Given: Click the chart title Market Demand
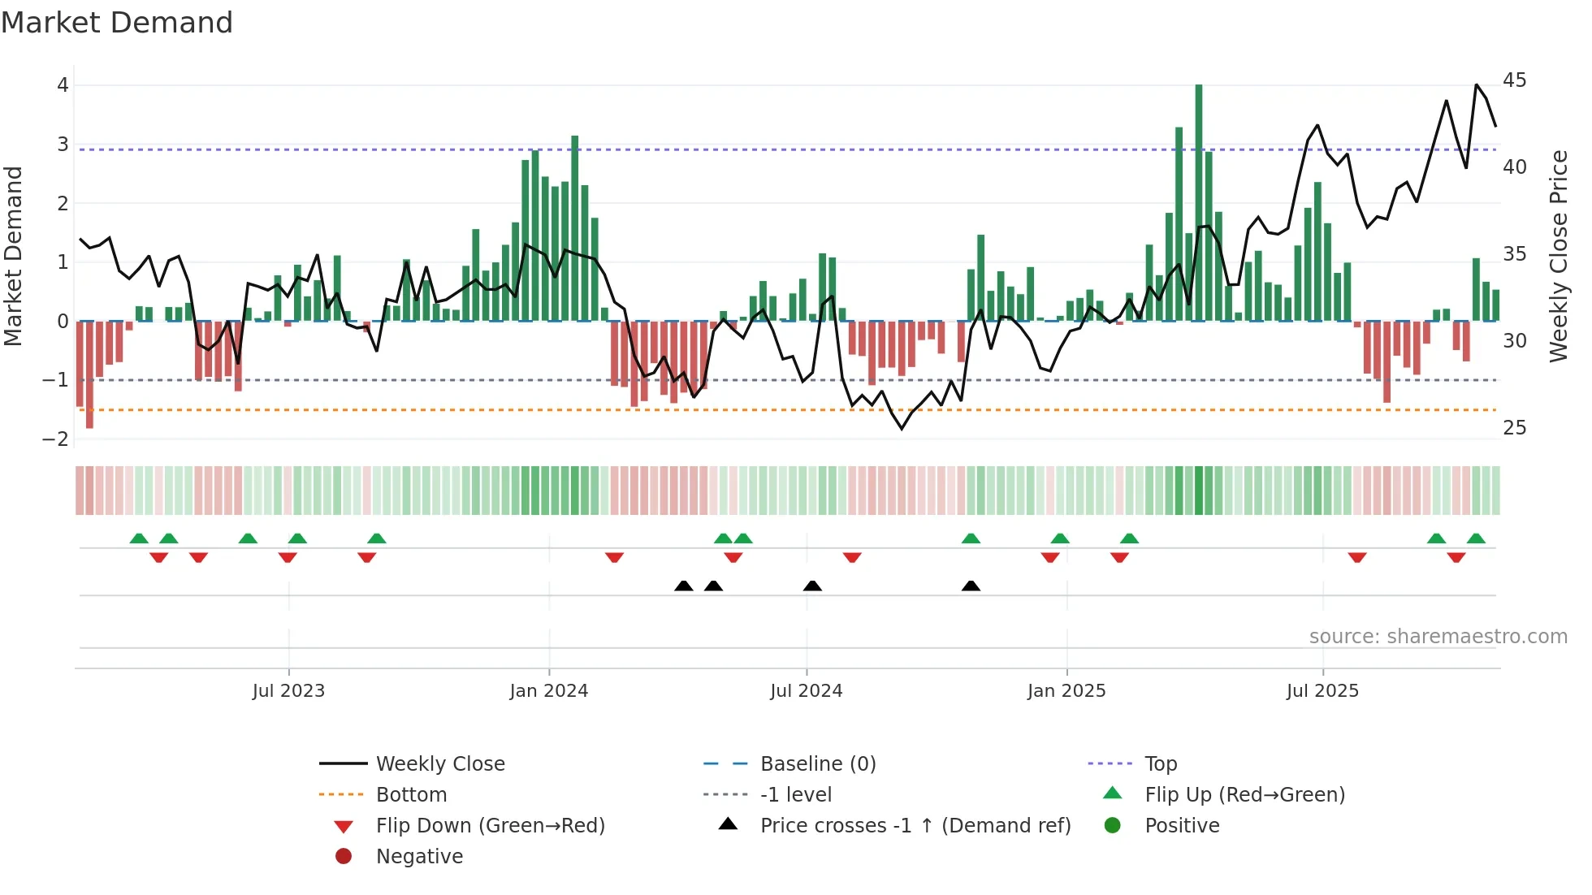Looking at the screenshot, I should click(117, 23).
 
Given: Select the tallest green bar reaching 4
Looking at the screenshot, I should click(1199, 203).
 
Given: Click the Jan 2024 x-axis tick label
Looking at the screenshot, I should click(548, 691).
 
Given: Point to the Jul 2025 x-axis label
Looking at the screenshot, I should click(1322, 691).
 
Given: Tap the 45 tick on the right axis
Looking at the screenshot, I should click(1514, 80).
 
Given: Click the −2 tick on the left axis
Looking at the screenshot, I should click(56, 439).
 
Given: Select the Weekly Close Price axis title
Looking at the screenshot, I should click(1558, 256).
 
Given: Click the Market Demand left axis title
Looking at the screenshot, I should click(13, 256).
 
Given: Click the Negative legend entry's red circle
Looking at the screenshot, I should click(344, 857).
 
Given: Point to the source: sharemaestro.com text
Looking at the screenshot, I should click(1438, 637).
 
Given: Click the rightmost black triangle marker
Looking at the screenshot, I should click(971, 586).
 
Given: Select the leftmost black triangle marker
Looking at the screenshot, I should click(684, 586).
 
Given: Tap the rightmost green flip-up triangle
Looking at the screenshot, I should click(1476, 538).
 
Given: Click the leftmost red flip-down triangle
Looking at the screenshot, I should click(159, 557).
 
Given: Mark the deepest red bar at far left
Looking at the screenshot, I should click(89, 374).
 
